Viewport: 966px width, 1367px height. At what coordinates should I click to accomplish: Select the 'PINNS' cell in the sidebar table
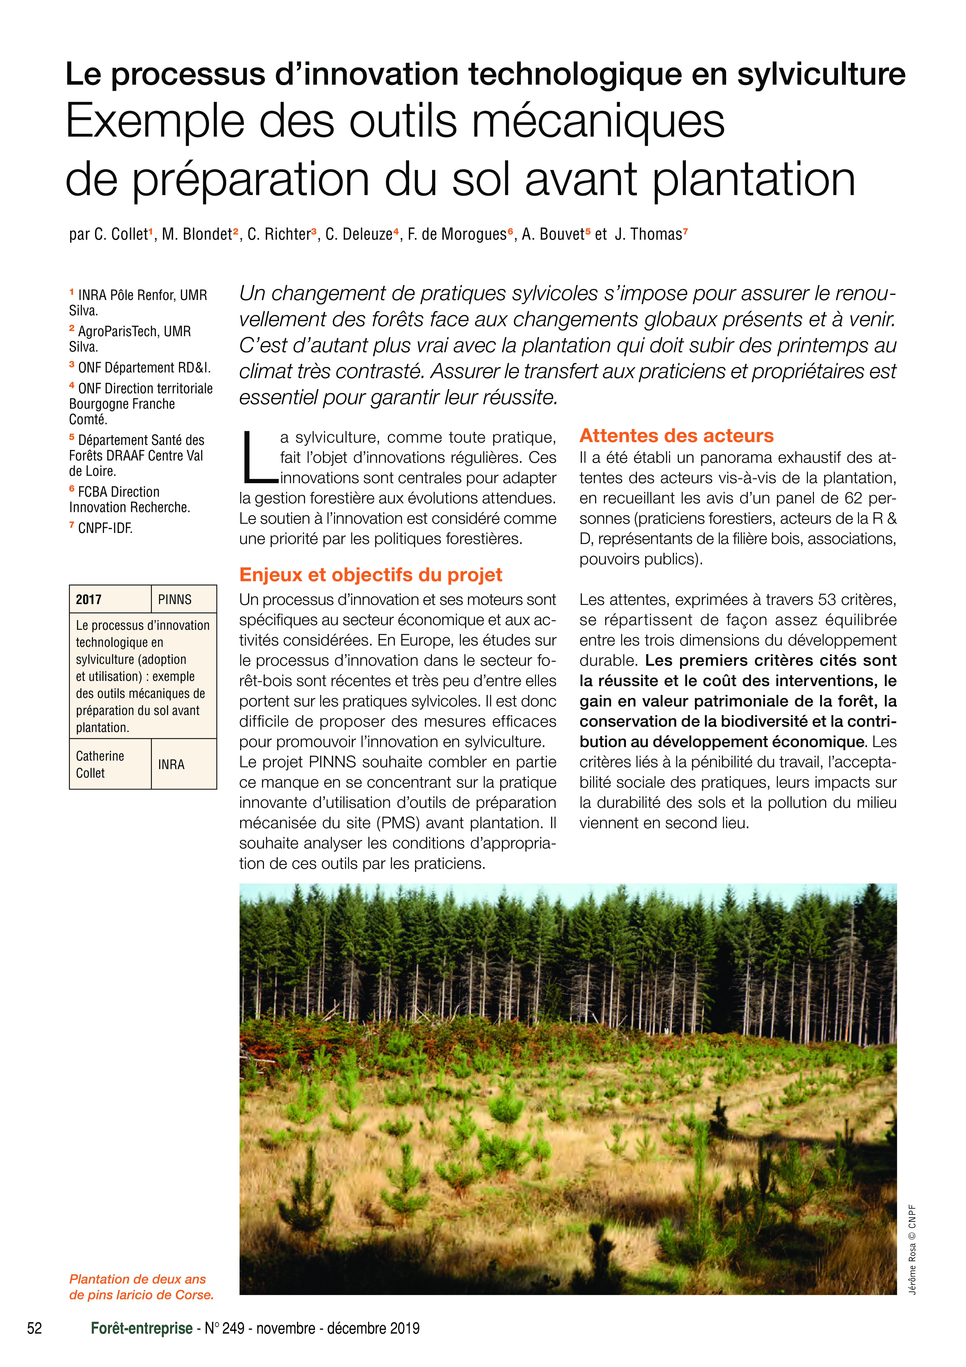pyautogui.click(x=175, y=600)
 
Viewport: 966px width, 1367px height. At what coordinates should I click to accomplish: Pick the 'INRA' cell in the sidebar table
pyautogui.click(x=171, y=764)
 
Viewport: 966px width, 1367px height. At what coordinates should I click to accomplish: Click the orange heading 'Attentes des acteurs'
pyautogui.click(x=676, y=436)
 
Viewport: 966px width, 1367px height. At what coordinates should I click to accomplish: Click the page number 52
pyautogui.click(x=35, y=1328)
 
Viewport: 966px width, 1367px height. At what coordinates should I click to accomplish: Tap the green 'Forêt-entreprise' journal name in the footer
pyautogui.click(x=142, y=1328)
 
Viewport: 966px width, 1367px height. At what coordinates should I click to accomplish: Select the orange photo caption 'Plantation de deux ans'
pyautogui.click(x=138, y=1279)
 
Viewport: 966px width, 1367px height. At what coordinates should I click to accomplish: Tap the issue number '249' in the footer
pyautogui.click(x=233, y=1328)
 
